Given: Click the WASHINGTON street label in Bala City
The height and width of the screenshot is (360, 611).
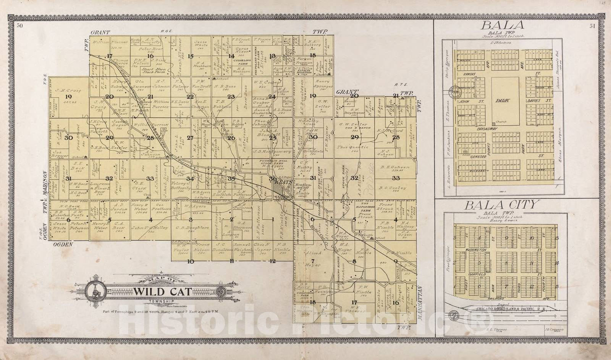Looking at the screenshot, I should click(475, 250).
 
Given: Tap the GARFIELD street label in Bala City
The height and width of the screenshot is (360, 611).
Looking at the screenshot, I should click(475, 274).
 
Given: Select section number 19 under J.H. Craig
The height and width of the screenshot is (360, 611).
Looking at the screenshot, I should click(68, 97).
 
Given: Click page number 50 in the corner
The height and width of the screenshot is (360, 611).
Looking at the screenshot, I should click(19, 26).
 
